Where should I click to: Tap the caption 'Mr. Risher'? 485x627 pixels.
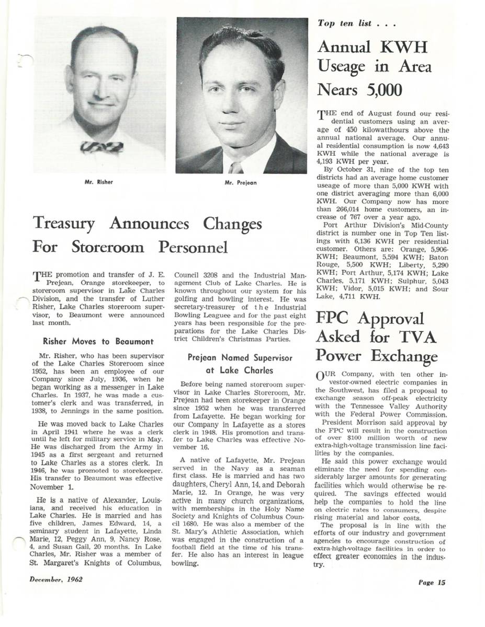99,182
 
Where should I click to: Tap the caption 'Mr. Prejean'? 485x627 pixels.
241,183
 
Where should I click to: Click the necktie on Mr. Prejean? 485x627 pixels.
236,167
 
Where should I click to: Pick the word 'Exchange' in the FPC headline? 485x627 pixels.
405,357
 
